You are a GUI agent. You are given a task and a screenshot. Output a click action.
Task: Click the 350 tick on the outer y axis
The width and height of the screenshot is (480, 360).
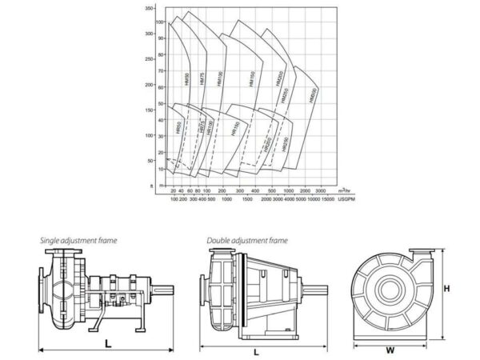pyautogui.click(x=149, y=7)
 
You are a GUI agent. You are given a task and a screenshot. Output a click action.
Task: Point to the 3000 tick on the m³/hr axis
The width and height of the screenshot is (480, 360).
pyautogui.click(x=319, y=191)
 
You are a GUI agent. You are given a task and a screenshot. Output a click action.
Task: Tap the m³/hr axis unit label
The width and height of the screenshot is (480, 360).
pyautogui.click(x=345, y=191)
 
